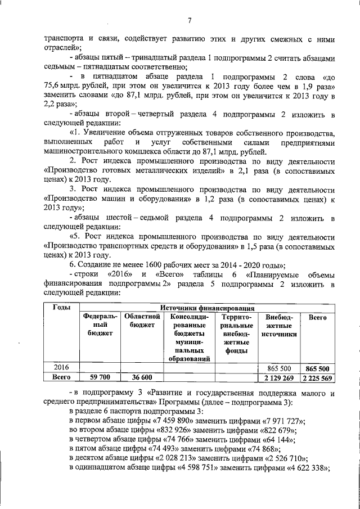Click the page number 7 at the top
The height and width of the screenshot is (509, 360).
[x=190, y=21]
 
